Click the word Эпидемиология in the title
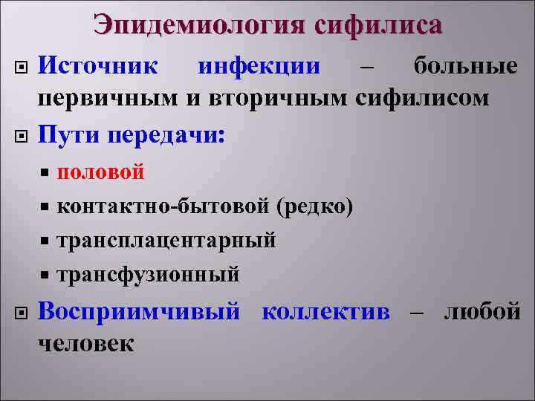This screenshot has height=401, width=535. (199, 25)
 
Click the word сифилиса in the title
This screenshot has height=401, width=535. (377, 25)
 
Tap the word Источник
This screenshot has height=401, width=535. (98, 67)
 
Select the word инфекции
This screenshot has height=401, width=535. (259, 67)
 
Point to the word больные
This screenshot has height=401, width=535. (466, 67)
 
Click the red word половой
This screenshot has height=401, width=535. (100, 172)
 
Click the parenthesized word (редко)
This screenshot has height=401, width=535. (314, 206)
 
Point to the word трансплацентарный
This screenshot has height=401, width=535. (166, 240)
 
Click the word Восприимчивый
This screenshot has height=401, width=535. (139, 311)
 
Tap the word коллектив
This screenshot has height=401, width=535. (325, 311)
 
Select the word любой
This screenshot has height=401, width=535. (481, 311)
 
